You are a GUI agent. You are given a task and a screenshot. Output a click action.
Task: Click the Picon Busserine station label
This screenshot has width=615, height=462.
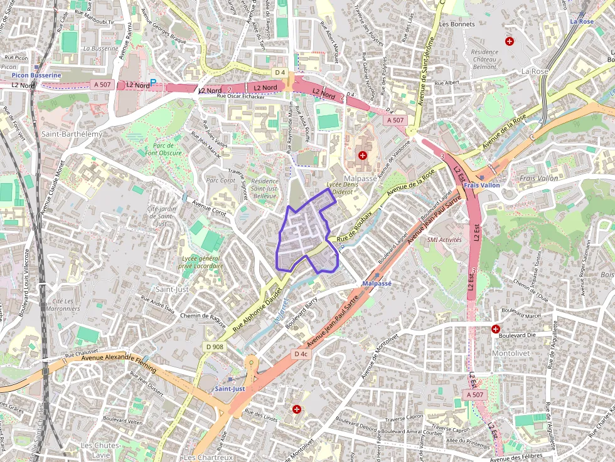point(36,75)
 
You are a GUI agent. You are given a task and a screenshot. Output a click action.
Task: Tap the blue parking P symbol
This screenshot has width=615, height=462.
point(152,82)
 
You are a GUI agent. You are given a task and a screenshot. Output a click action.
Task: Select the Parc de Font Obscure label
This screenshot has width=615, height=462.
point(163,149)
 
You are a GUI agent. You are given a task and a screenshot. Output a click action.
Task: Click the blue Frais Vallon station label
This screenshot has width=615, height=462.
point(482,186)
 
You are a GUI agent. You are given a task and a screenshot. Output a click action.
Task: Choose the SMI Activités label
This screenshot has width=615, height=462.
point(444,239)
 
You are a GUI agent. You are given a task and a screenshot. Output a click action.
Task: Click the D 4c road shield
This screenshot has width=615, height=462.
point(301,354)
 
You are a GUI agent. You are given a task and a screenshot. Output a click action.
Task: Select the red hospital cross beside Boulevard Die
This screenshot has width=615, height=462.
point(496,328)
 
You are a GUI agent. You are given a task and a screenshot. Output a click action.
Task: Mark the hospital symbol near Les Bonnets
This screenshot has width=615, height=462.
point(509,41)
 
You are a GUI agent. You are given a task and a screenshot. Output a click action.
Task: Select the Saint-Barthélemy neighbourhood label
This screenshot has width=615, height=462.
point(72,134)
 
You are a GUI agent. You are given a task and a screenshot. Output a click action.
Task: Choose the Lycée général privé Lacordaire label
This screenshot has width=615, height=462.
point(202,262)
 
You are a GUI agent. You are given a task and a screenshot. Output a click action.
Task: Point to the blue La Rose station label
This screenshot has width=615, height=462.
point(582,21)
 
